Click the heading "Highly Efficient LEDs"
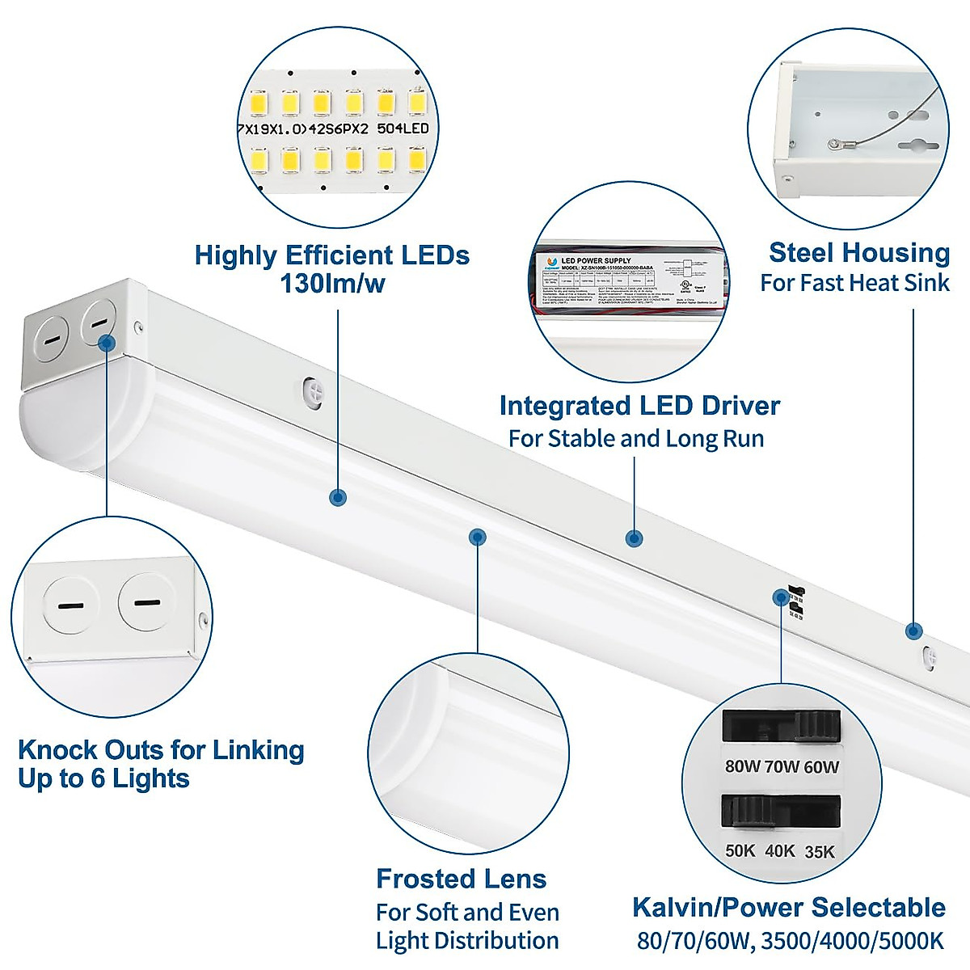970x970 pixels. (x=331, y=255)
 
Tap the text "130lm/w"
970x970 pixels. (x=332, y=284)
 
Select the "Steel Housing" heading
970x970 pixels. (x=858, y=253)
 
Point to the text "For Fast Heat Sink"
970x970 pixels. (x=854, y=283)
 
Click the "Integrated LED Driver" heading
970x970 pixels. (x=639, y=406)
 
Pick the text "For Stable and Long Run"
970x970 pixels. (x=636, y=439)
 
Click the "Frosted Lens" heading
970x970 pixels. (x=461, y=879)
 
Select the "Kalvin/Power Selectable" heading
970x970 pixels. (x=788, y=907)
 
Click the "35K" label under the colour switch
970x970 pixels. (x=820, y=852)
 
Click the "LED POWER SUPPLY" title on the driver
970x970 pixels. (x=596, y=260)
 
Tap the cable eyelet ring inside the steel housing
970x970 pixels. (x=833, y=145)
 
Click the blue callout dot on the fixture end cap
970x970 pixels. (x=107, y=343)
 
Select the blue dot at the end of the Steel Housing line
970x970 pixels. (x=913, y=630)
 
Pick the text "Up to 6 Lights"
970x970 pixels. (x=103, y=778)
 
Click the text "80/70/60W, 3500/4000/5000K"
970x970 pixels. (x=790, y=941)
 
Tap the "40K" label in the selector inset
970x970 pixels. (x=780, y=852)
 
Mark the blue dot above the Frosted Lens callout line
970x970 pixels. (x=478, y=537)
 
